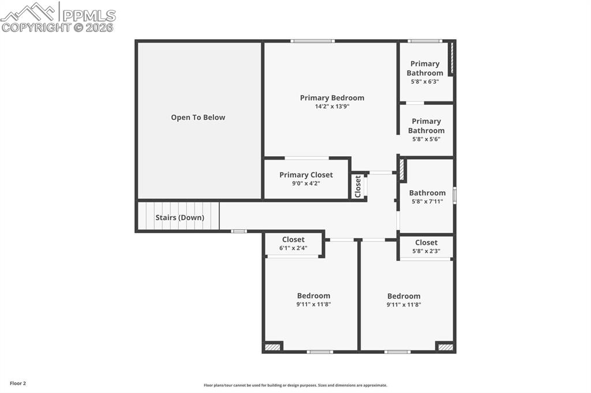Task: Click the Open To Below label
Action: tap(198, 118)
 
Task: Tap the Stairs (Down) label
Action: tap(179, 218)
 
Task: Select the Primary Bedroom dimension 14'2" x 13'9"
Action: tap(332, 107)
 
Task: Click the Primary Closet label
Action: tap(306, 175)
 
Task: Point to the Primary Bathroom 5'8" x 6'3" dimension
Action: tap(425, 82)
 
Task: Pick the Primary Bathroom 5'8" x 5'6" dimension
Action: tap(426, 139)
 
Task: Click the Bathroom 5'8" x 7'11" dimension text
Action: tap(427, 202)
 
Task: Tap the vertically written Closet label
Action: tap(358, 186)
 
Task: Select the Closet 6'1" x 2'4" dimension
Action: tap(293, 248)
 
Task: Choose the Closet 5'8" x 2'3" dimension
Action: tap(426, 251)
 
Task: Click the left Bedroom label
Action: tap(313, 296)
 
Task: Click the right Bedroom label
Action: tap(403, 296)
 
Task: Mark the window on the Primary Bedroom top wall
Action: tap(312, 41)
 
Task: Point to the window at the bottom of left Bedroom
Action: tap(320, 352)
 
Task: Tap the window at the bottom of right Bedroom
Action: tap(398, 352)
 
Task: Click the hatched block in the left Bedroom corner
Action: tap(272, 347)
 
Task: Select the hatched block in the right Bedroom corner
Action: tap(445, 347)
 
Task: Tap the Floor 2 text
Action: tap(18, 383)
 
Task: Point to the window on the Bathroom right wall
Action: tap(454, 195)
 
